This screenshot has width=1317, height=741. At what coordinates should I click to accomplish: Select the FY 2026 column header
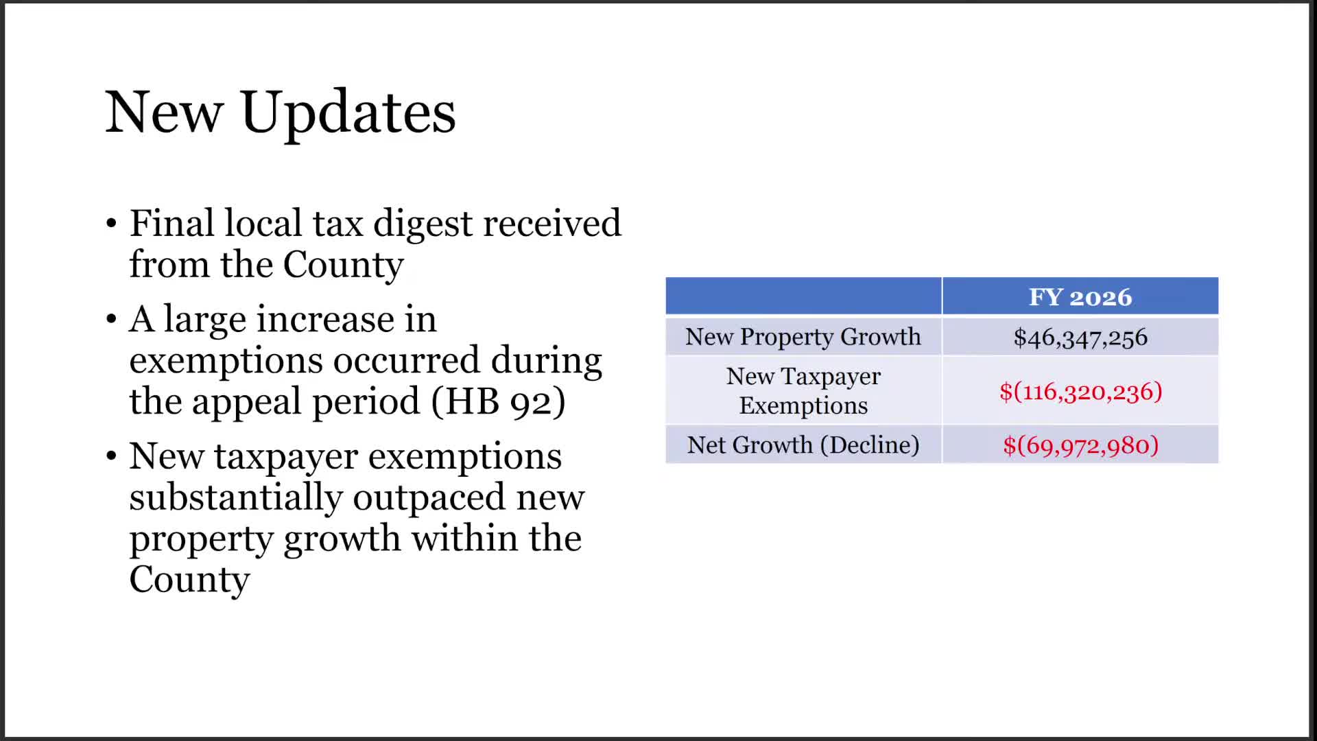[1080, 297]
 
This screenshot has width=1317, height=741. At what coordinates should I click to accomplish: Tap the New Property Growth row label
[803, 337]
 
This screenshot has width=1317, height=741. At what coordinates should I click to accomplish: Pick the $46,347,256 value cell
[1080, 338]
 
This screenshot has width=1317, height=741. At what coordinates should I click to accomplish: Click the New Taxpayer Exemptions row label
[803, 391]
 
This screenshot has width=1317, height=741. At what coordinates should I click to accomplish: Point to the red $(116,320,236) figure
[1080, 392]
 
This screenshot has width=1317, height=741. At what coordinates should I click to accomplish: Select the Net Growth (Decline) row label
[803, 445]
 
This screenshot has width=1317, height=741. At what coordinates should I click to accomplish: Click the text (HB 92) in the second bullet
[498, 401]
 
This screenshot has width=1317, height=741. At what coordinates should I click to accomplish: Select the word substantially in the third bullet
[235, 497]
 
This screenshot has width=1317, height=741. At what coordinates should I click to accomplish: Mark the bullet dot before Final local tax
[112, 224]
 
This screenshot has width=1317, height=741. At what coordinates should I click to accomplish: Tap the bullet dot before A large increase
[112, 320]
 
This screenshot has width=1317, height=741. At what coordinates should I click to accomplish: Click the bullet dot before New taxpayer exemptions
[112, 457]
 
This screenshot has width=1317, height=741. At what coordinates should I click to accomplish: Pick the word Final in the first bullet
[171, 224]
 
